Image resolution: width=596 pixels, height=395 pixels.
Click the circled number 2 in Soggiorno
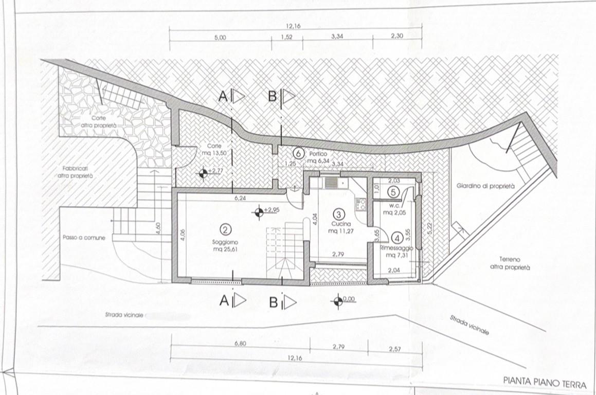pyautogui.click(x=225, y=229)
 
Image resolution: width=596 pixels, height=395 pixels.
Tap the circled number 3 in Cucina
pyautogui.click(x=338, y=214)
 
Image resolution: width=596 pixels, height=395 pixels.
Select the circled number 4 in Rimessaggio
pyautogui.click(x=397, y=238)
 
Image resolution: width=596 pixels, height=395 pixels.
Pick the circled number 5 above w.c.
pyautogui.click(x=393, y=193)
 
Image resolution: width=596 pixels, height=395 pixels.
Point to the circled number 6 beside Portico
pyautogui.click(x=299, y=154)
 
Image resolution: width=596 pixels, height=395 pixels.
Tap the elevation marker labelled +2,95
pyautogui.click(x=259, y=213)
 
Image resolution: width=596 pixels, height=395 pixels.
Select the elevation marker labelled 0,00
pyautogui.click(x=337, y=301)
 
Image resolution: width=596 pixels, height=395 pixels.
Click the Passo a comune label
pyautogui.click(x=84, y=238)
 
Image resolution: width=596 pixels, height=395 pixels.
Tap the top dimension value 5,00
pyautogui.click(x=221, y=38)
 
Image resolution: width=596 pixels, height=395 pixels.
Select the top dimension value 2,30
pyautogui.click(x=397, y=35)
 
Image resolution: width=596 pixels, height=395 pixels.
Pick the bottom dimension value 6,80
pyautogui.click(x=240, y=343)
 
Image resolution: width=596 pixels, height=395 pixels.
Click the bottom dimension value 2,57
pyautogui.click(x=395, y=349)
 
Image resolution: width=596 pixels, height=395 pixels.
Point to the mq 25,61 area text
pyautogui.click(x=225, y=249)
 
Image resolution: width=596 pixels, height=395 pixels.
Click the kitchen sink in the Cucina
pyautogui.click(x=331, y=183)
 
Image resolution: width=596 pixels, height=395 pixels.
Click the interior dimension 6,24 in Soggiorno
pyautogui.click(x=240, y=198)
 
